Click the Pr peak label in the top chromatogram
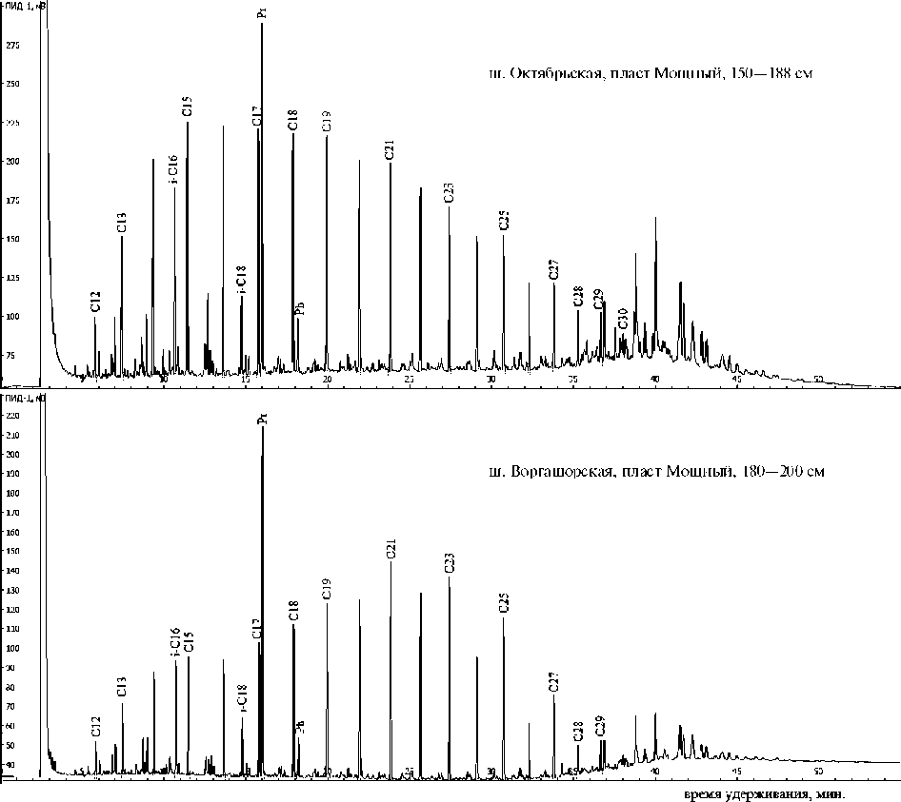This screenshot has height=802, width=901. coord(262,12)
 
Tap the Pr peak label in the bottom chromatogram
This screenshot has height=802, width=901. coord(262,418)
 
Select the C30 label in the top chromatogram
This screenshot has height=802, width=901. coord(623,318)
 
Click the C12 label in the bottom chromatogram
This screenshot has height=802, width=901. coord(95,726)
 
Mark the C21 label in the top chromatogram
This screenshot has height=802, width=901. coord(390,148)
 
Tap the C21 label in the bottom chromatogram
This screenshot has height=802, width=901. coord(390,548)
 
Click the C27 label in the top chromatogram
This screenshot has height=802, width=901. coord(553,269)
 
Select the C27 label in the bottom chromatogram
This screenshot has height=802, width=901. coord(554,681)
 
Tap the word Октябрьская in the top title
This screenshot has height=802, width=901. coord(556,73)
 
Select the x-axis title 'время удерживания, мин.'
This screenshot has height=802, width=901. coord(765,793)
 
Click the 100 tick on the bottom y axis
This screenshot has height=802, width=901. coord(11,649)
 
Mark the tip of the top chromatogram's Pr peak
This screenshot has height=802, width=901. coord(262,24)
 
